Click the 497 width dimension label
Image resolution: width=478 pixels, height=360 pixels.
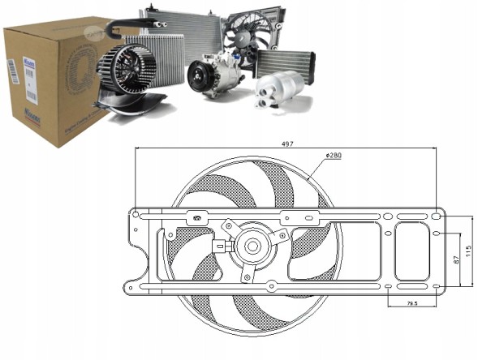(x=287, y=144)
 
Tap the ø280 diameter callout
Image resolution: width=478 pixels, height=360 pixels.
(x=333, y=154)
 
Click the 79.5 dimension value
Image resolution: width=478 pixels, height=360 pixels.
(x=412, y=305)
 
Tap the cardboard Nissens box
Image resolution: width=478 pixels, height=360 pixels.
(x=49, y=81)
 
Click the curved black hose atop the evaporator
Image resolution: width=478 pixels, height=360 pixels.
(x=119, y=29)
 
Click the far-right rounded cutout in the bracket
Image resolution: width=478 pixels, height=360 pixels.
(x=413, y=251)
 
